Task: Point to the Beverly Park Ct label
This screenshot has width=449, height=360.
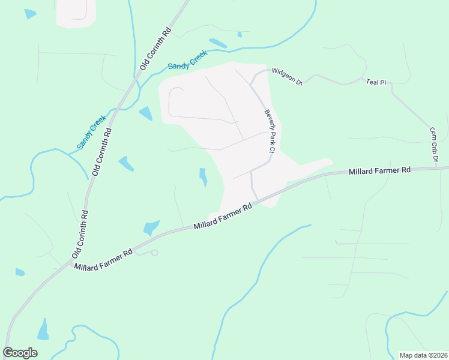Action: click(x=269, y=131)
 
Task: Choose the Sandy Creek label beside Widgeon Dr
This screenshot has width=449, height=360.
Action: click(x=187, y=61)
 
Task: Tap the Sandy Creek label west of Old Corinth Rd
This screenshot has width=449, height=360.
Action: click(x=91, y=132)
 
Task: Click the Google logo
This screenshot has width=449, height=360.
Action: click(x=20, y=353)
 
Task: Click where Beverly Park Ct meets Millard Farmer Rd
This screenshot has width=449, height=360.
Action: click(x=258, y=201)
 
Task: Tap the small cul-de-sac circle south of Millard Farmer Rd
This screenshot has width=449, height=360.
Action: click(x=154, y=253)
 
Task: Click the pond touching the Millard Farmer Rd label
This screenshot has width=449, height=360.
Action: click(x=151, y=227)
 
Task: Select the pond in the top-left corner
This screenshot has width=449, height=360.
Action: click(x=30, y=14)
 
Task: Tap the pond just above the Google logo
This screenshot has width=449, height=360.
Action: click(x=43, y=329)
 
